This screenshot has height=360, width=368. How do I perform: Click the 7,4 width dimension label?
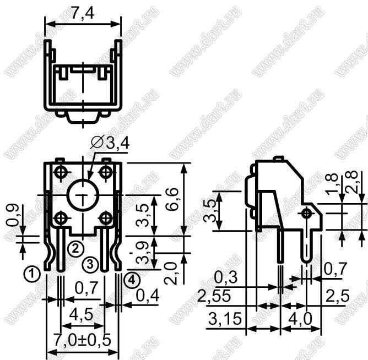point(83,13)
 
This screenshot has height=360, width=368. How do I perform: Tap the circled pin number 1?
point(32,274)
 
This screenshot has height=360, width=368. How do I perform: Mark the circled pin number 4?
point(132,280)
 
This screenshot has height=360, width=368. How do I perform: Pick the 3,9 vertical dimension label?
point(143,253)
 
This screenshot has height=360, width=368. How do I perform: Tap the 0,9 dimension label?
point(13,215)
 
